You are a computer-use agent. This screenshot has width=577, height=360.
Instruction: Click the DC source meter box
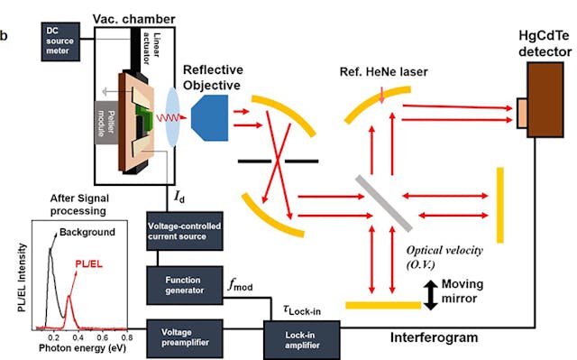tap(60, 42)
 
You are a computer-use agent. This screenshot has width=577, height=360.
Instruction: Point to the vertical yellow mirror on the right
tap(499, 190)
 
